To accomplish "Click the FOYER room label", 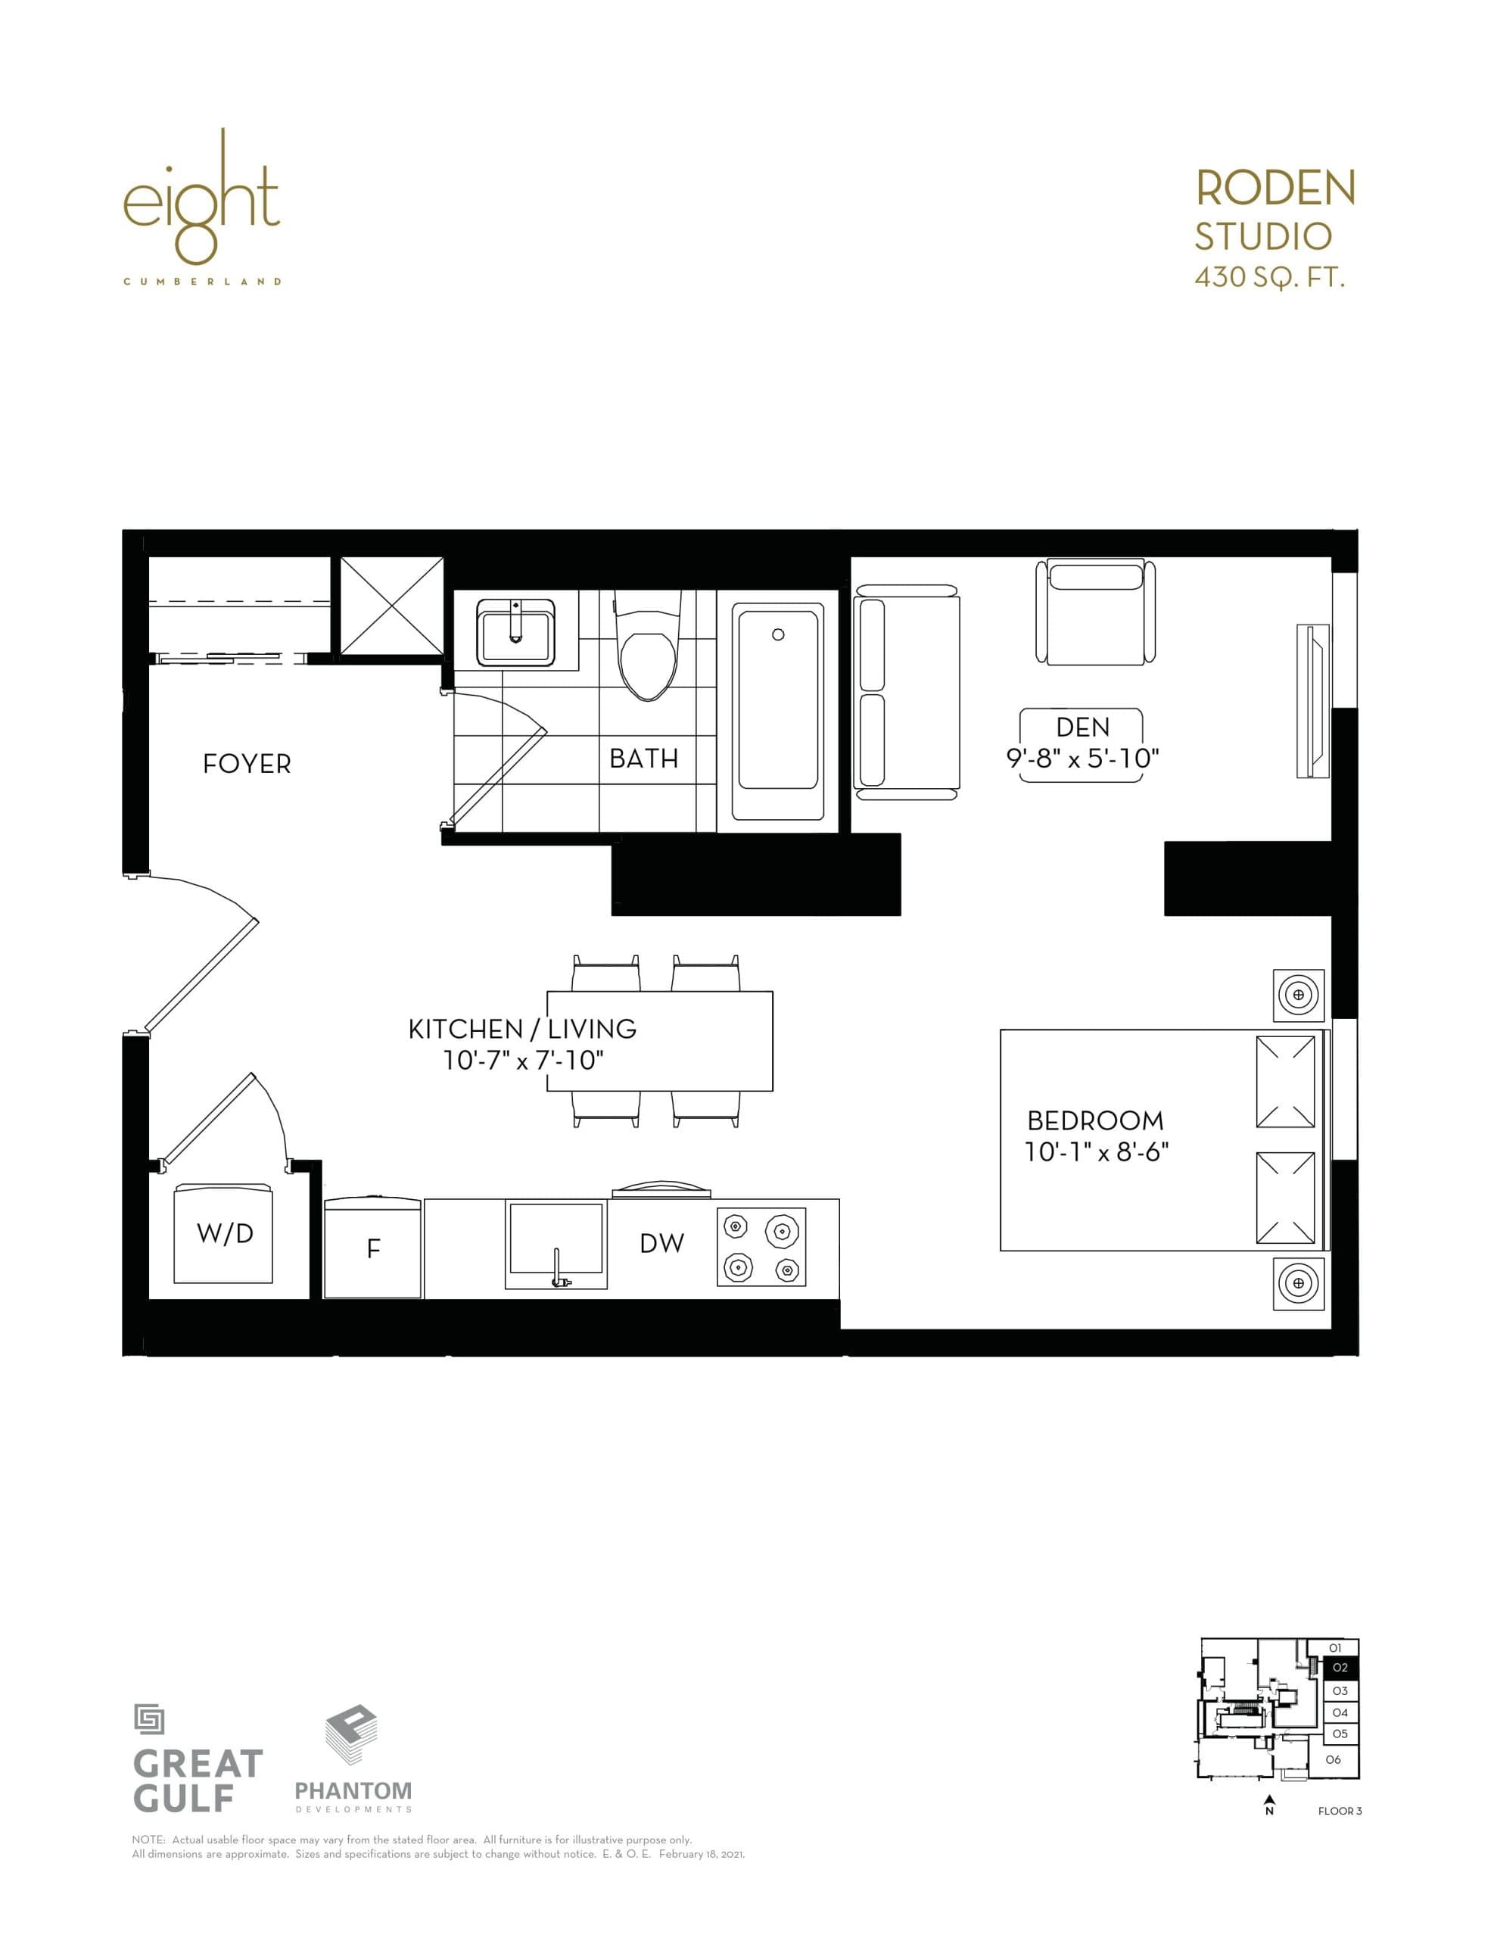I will click(247, 764).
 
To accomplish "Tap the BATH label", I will click(643, 759).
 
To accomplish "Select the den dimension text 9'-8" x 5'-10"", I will click(1082, 759).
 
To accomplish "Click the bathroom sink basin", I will click(515, 632).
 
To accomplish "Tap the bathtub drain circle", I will click(778, 634).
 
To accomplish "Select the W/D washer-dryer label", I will click(225, 1233).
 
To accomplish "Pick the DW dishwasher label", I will click(662, 1244).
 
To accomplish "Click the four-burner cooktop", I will click(761, 1247).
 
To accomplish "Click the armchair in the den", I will click(1096, 612).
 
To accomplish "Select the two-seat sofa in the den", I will click(906, 692).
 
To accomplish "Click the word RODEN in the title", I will click(1275, 188).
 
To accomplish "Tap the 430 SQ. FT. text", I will click(1270, 279).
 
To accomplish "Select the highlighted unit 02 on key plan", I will click(1340, 1667).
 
